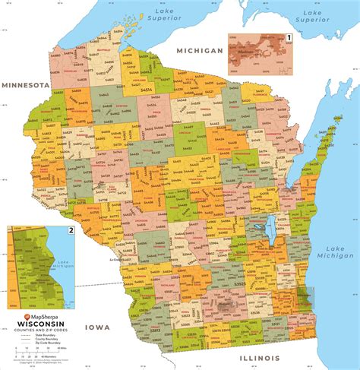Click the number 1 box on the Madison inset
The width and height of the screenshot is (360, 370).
pos(288,36)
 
